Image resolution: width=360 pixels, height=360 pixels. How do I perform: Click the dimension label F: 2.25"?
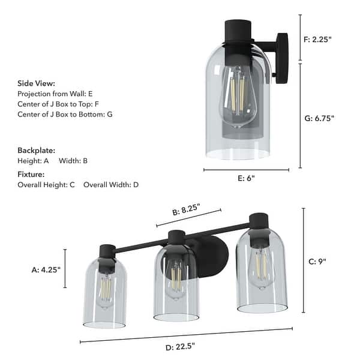(318, 40)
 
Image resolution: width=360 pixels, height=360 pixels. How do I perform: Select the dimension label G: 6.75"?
(319, 118)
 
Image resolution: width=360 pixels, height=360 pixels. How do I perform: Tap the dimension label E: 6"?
(246, 178)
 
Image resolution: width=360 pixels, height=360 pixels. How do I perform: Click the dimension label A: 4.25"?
(47, 270)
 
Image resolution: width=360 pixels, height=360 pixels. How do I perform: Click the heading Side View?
(37, 83)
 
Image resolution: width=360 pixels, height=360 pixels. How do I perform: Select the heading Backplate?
(37, 151)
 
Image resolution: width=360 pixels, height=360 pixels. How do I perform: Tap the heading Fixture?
(32, 174)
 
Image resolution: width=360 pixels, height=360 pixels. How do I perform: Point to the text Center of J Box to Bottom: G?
(65, 114)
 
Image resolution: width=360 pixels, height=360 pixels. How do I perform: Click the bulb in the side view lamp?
(237, 96)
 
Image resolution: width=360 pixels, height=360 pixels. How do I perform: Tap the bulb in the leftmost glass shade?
(105, 291)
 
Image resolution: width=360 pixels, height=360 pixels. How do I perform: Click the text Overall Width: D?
(111, 185)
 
